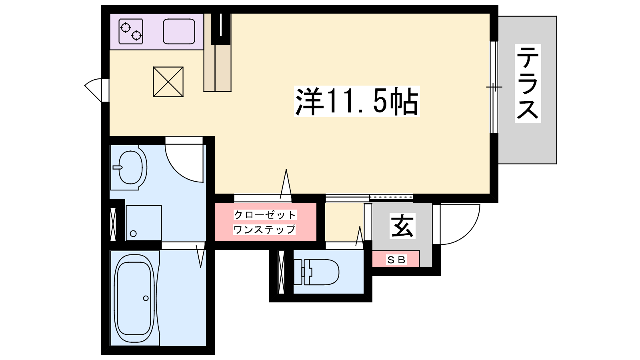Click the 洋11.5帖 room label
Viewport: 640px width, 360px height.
356,102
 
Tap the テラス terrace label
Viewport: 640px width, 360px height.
528,83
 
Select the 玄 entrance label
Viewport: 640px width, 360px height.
402,226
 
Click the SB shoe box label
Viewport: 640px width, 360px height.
396,260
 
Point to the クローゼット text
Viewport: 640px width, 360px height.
265,215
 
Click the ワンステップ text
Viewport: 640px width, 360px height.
264,230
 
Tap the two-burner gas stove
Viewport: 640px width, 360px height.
131,32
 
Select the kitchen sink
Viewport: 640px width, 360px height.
179,32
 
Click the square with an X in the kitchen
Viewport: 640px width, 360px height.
168,82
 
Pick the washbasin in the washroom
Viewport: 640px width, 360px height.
129,168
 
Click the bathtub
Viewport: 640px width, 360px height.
134,298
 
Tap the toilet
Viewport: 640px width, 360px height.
316,272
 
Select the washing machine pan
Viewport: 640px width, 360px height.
144,223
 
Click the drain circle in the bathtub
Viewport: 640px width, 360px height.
146,298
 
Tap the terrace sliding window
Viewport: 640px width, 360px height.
494,87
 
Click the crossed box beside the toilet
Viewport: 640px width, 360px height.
281,272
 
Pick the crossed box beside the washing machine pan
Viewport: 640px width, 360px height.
113,224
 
